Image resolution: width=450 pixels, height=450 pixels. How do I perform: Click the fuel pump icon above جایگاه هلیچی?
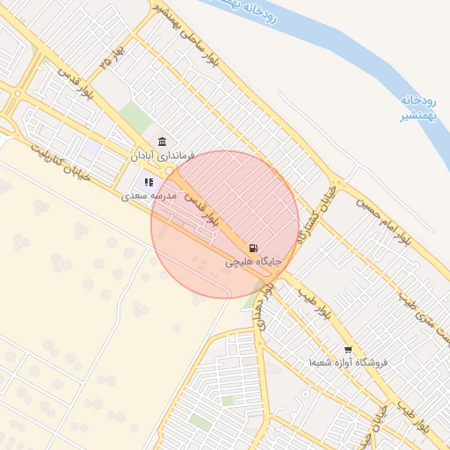[x=254, y=249]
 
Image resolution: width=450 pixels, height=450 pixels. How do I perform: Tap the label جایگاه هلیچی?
[x=254, y=262]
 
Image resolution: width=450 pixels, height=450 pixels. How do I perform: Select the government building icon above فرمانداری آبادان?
[x=162, y=142]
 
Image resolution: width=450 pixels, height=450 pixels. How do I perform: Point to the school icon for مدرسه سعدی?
[x=149, y=182]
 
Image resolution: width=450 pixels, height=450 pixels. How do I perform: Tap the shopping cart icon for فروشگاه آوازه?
[x=348, y=349]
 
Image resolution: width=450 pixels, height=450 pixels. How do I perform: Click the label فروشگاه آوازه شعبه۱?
[x=348, y=362]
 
